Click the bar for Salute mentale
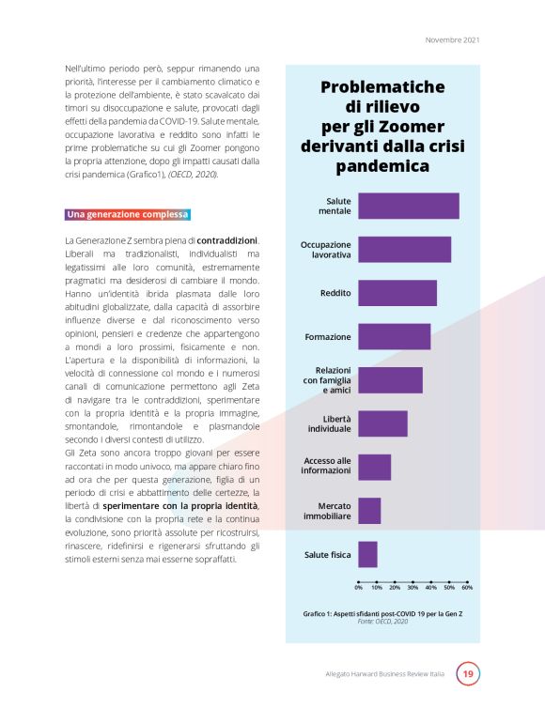click(409, 206)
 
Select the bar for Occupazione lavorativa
click(404, 249)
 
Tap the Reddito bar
click(397, 293)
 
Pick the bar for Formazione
click(394, 336)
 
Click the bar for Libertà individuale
click(382, 423)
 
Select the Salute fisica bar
click(367, 554)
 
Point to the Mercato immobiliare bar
click(369, 511)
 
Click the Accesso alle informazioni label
click(327, 466)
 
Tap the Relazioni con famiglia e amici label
click(327, 379)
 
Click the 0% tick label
click(359, 589)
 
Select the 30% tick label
click(413, 589)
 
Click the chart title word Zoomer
click(411, 127)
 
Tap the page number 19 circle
click(468, 674)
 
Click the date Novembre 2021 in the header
click(453, 39)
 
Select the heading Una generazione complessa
click(128, 215)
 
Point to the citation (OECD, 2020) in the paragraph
click(193, 175)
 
